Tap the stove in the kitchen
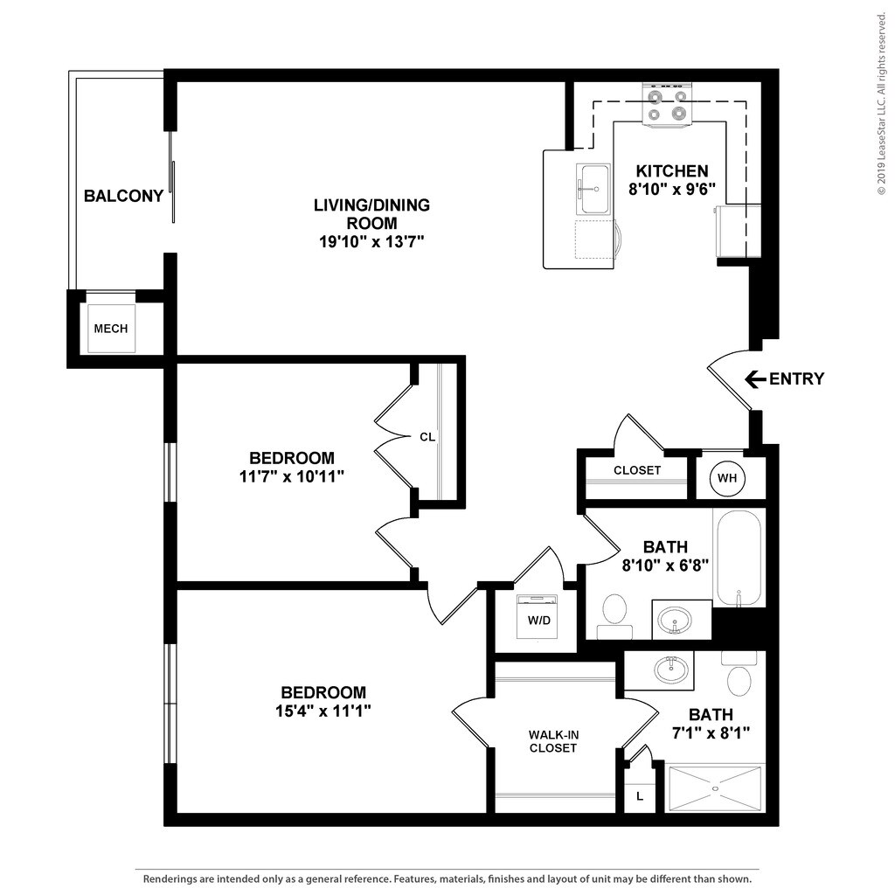tap(667, 105)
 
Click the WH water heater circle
tap(727, 477)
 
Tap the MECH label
tap(111, 329)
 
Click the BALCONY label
tap(123, 196)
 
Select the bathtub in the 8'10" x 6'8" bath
tap(739, 558)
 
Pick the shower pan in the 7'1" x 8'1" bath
tap(715, 788)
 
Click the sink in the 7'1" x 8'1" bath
tap(670, 670)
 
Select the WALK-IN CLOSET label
tap(553, 741)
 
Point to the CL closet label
tap(427, 436)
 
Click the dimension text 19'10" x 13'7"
tap(371, 242)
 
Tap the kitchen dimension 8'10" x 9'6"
tap(671, 188)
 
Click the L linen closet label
tap(640, 796)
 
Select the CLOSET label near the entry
tap(637, 470)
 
